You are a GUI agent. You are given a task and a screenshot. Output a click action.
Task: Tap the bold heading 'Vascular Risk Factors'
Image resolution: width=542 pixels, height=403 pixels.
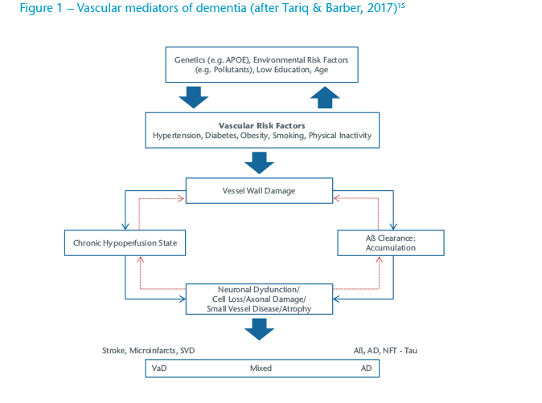click(x=262, y=125)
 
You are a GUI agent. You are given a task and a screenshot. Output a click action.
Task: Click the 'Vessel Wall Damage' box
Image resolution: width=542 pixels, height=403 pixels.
click(x=260, y=191)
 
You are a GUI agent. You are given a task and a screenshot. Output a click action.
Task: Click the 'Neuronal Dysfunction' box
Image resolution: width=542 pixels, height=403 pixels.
click(x=260, y=298)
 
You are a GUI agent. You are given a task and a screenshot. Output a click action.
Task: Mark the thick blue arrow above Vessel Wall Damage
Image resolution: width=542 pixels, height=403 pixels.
click(x=259, y=163)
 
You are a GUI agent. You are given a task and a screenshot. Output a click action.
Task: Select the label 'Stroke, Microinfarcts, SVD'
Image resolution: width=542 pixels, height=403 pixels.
click(x=149, y=351)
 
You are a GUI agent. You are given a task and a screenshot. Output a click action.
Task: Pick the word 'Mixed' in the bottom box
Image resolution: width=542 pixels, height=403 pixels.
click(x=260, y=368)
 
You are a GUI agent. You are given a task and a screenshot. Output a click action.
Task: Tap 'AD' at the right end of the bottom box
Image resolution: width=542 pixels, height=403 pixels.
click(x=366, y=368)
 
